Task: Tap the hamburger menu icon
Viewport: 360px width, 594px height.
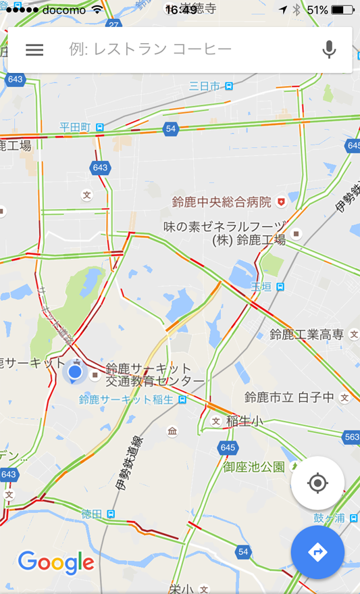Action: (34, 49)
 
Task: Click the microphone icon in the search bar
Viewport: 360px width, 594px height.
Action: (329, 49)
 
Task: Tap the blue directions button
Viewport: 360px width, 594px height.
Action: (317, 552)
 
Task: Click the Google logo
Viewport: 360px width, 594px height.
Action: (56, 562)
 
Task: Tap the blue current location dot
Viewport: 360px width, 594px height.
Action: (75, 372)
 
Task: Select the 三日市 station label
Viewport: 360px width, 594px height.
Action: (211, 86)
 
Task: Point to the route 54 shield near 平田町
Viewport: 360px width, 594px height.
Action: (171, 129)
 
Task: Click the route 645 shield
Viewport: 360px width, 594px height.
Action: (228, 447)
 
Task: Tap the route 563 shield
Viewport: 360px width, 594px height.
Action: (352, 437)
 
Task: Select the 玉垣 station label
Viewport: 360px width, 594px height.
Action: (267, 287)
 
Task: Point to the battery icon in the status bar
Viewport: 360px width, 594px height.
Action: (342, 10)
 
